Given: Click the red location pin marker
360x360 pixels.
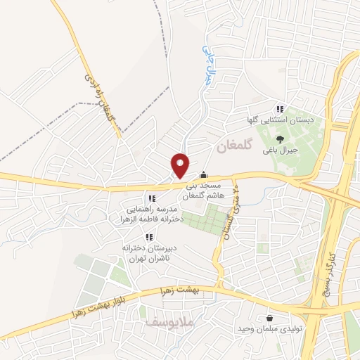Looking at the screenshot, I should (x=181, y=165).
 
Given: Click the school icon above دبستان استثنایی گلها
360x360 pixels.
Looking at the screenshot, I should (x=280, y=109).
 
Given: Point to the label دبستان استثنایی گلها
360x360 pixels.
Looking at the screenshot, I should (x=280, y=120).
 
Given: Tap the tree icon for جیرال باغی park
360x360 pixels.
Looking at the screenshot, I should (x=280, y=139).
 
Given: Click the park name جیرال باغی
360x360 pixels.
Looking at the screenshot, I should (x=281, y=150).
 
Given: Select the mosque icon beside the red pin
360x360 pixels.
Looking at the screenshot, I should (x=204, y=175).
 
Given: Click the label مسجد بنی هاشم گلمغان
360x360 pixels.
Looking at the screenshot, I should (x=204, y=191).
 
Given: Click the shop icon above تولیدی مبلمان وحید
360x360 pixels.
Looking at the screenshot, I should (x=271, y=318).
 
